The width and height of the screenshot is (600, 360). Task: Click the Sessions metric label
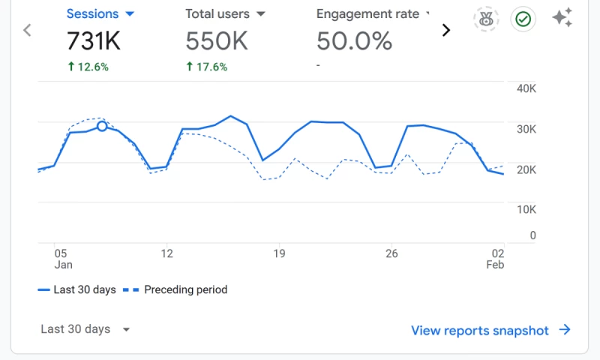click(x=93, y=13)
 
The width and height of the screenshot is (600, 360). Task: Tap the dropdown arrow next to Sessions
click(x=130, y=14)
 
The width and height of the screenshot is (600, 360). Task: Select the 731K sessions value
click(x=94, y=41)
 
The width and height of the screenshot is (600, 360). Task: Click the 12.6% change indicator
click(x=88, y=67)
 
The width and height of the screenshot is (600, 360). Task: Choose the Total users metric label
click(x=217, y=14)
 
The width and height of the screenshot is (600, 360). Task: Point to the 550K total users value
click(x=217, y=41)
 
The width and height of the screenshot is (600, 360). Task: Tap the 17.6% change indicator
click(x=207, y=67)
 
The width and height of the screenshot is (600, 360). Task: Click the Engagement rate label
click(x=367, y=14)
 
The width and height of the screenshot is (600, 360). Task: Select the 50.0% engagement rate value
click(x=354, y=41)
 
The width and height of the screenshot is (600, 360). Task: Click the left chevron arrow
click(x=28, y=30)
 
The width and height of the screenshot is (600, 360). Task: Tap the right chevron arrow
click(x=446, y=30)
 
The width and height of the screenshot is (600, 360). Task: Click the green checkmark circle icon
click(x=523, y=19)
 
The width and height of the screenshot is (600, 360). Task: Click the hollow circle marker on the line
click(x=103, y=126)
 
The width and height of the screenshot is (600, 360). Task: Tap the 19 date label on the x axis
click(x=280, y=254)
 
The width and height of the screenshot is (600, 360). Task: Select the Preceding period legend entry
click(x=178, y=289)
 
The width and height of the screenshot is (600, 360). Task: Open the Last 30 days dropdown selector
click(x=85, y=329)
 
